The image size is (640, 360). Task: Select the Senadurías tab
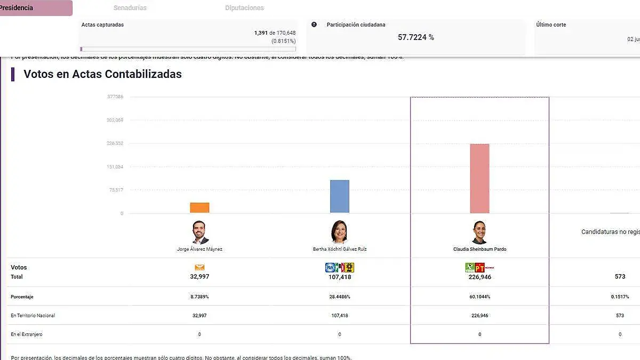(130, 8)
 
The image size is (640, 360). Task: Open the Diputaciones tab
(244, 8)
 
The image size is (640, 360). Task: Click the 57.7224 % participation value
(415, 37)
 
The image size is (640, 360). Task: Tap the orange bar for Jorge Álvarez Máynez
(199, 207)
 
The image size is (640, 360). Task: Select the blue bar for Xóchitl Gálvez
(340, 196)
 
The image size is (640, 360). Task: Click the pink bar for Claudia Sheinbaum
(479, 179)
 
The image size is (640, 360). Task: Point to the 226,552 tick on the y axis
(115, 143)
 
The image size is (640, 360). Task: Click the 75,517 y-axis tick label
(116, 190)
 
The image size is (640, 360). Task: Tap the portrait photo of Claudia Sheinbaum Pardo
(479, 233)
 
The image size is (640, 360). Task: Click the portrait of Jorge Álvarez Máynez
(200, 233)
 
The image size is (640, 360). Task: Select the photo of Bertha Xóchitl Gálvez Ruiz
(339, 233)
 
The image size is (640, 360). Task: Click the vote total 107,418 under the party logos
(340, 277)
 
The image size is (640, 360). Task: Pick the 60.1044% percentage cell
(479, 297)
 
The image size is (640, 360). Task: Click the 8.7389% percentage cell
(199, 297)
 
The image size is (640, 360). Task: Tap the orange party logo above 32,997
(199, 267)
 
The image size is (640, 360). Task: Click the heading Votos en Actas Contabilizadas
(102, 74)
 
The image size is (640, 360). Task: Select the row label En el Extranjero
(27, 334)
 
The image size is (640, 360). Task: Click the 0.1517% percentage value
(620, 297)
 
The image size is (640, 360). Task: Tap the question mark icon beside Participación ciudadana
(314, 25)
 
